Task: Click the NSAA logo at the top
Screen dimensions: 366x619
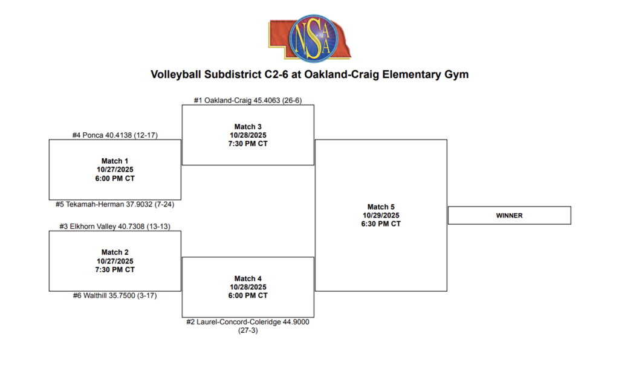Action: coord(309,37)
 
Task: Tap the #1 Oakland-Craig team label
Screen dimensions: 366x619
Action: coord(247,100)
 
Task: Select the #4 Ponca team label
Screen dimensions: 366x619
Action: coord(115,135)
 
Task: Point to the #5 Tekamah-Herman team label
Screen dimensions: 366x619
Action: coord(115,204)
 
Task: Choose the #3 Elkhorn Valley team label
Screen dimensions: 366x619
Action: coord(114,226)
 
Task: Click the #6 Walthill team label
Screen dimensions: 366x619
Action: coord(115,296)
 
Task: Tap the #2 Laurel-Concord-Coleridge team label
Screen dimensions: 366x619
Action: coord(248,322)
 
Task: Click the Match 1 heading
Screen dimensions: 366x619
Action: coord(115,161)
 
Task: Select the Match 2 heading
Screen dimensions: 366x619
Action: coord(115,252)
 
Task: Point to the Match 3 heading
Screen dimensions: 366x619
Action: coord(248,126)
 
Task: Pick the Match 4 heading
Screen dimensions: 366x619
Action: coord(248,278)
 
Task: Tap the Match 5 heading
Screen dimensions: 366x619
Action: coord(381,207)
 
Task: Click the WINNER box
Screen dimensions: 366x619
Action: coord(509,216)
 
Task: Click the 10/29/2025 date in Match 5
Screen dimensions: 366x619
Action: coord(381,215)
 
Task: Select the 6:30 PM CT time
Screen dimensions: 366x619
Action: coord(381,223)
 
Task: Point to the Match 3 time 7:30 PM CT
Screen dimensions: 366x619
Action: coord(248,144)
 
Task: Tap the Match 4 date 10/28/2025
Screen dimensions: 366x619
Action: coord(248,287)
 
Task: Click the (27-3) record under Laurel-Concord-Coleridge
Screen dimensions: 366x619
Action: coord(248,330)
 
